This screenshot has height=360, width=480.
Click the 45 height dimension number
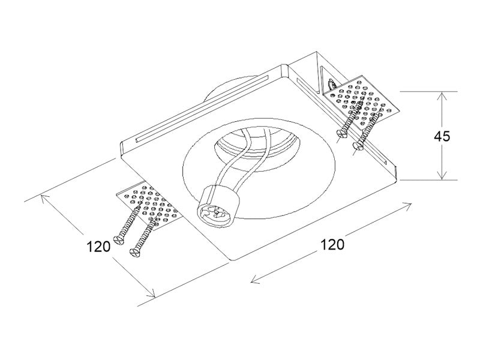tap(442, 136)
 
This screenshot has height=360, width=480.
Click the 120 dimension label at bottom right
tap(332, 245)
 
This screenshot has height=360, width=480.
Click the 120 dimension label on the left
tap(98, 247)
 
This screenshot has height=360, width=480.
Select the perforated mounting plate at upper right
tap(361, 101)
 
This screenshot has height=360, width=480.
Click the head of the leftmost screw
tap(118, 239)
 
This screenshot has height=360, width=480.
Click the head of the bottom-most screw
tap(134, 252)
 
